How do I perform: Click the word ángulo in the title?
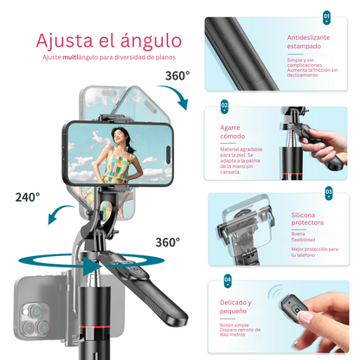pyautogui.click(x=152, y=40)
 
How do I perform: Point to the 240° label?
pyautogui.click(x=27, y=196)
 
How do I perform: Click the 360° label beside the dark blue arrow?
pyautogui.click(x=177, y=75)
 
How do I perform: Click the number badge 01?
pyautogui.click(x=326, y=16)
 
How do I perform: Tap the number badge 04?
pyautogui.click(x=227, y=280)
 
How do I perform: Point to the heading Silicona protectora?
pyautogui.click(x=310, y=218)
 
